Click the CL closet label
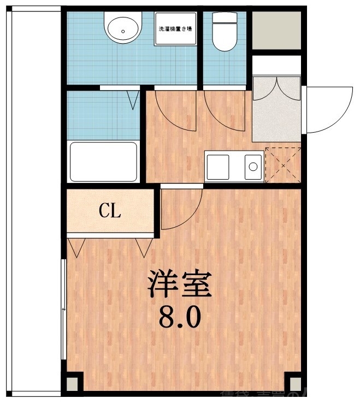tap(110, 211)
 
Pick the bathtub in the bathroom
tap(103, 162)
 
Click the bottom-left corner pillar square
tap(73, 382)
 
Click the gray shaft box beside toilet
tap(276, 29)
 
